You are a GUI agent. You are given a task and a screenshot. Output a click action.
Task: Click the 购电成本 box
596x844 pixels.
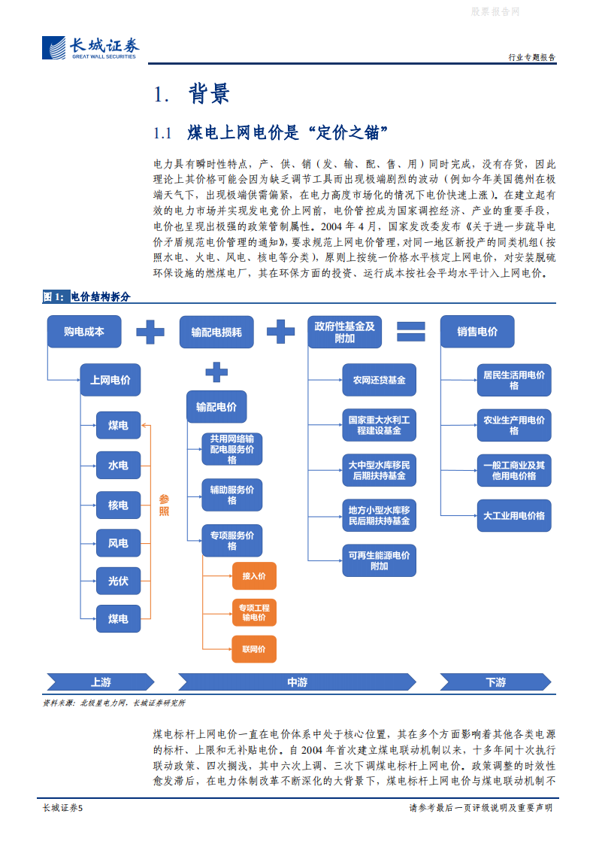(83, 331)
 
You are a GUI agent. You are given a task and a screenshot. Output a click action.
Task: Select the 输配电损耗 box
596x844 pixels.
(216, 331)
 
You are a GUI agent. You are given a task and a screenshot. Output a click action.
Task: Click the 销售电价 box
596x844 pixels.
(477, 331)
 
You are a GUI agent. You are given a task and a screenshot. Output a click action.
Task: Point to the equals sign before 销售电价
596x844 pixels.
(412, 331)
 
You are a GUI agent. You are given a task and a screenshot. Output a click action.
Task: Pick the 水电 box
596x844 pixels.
(118, 465)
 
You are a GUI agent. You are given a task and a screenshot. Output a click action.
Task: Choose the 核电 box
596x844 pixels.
(118, 505)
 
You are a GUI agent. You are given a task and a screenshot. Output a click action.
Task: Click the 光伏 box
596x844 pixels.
(118, 580)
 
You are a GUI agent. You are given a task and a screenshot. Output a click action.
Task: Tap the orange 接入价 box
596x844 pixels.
(254, 576)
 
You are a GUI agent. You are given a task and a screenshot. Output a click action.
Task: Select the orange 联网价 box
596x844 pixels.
(254, 648)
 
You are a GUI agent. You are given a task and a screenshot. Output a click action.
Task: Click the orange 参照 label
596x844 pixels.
(164, 505)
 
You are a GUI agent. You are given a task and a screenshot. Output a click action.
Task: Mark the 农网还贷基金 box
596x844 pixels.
(379, 381)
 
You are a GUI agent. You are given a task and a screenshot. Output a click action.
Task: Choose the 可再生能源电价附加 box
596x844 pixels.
(379, 560)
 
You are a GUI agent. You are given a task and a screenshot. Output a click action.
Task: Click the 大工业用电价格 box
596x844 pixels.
(514, 516)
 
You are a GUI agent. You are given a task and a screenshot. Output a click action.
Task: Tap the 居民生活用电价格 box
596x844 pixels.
(514, 380)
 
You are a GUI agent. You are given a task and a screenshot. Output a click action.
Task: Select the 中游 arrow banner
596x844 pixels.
(297, 682)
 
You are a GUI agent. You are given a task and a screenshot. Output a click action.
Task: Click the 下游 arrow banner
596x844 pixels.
(495, 682)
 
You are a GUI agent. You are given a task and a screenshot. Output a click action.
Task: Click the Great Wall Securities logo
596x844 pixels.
(91, 49)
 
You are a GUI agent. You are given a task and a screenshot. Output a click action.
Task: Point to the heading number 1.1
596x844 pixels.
(163, 134)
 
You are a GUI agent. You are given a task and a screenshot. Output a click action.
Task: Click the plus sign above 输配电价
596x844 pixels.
(216, 372)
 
